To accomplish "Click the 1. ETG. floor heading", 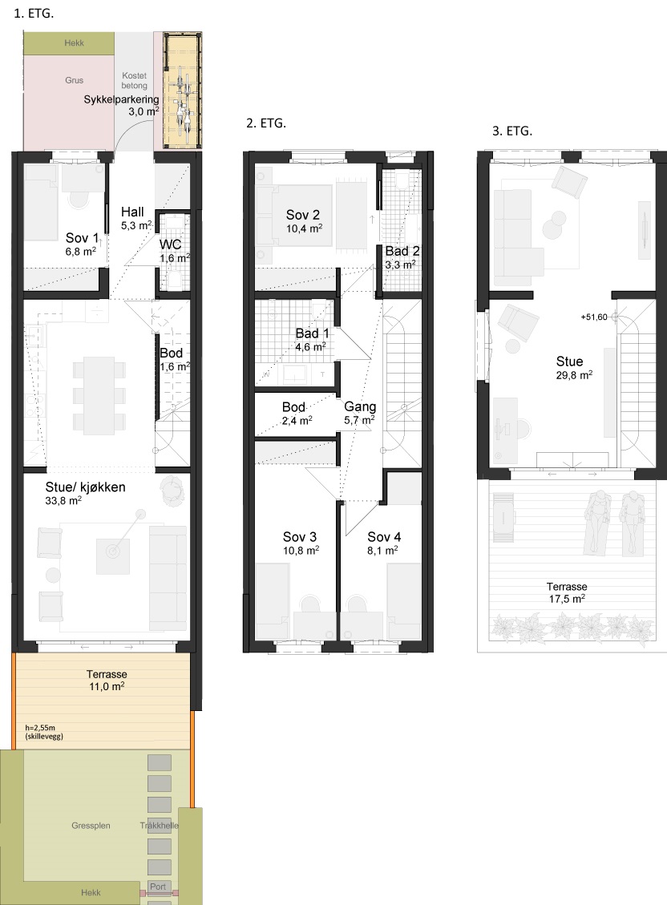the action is point(34,14).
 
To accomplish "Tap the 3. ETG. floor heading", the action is point(512,131).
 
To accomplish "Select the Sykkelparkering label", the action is point(121,99).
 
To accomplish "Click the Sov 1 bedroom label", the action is point(82,238).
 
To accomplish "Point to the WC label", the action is point(171,244).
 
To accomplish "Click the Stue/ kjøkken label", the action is point(86,487).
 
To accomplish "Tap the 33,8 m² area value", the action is point(63,501).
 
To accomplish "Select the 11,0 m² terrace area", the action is point(107,686).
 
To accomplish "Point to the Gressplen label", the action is point(91,826).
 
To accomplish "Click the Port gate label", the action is point(157,887).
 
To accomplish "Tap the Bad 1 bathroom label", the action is point(312,333).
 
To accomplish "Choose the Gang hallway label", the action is point(360,407).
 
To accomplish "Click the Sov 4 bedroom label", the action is point(384,537).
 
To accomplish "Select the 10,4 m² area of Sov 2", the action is point(304,228).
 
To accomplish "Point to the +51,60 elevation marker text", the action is point(594,317).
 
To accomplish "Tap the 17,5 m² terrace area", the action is point(567,599).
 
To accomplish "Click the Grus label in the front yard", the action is point(74,80).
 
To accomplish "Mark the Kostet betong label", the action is point(135,80).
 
